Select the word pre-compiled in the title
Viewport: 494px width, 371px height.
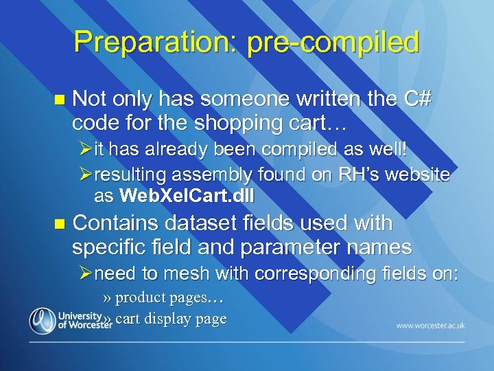[328, 42]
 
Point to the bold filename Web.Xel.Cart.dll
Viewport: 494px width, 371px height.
[187, 196]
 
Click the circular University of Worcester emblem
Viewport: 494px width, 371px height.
[42, 320]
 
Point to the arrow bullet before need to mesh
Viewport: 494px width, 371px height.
[87, 273]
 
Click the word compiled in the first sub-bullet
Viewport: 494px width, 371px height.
[298, 150]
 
